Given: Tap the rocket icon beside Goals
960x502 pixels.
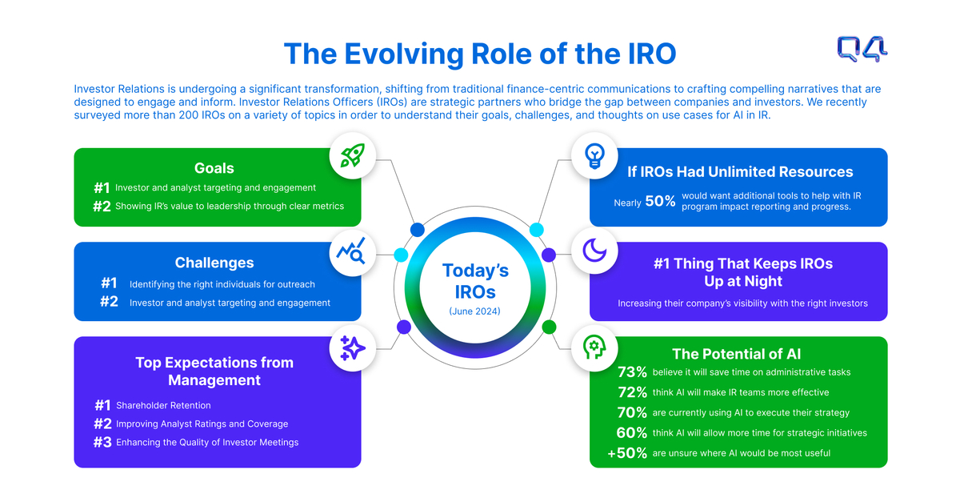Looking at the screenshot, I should tap(353, 155).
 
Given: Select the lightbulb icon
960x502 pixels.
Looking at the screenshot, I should tap(594, 155).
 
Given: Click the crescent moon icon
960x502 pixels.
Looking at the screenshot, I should tap(594, 251).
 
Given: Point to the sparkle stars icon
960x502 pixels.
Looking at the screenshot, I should tap(353, 347).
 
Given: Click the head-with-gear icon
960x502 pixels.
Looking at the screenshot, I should tap(594, 347).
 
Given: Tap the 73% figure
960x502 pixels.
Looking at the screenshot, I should tap(632, 372).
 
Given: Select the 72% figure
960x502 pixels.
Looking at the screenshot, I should tap(632, 392).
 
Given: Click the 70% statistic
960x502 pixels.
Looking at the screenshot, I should tap(632, 412).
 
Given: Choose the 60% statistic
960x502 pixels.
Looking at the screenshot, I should tap(632, 433).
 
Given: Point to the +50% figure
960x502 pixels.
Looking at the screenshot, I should tap(627, 453).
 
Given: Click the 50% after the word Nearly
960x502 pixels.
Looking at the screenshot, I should tap(660, 202).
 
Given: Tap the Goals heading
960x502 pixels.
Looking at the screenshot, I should tap(214, 168).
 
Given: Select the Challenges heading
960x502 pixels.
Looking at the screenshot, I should tap(214, 263).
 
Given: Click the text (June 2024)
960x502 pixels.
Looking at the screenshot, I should tap(474, 311).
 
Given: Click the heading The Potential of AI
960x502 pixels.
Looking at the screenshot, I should tap(737, 354).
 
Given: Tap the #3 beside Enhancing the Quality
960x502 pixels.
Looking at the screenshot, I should tap(102, 442).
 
